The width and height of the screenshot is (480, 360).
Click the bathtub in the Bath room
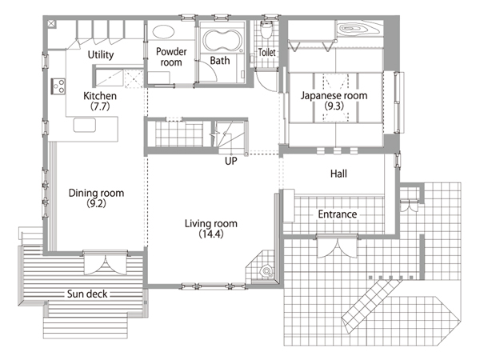coord(222,40)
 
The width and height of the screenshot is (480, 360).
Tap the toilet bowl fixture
coord(266,30)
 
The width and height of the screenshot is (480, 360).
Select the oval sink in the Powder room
coord(163,32)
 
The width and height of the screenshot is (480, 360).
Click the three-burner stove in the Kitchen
coord(58,86)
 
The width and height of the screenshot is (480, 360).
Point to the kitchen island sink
coord(85,126)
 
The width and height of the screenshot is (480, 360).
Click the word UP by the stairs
coord(231,161)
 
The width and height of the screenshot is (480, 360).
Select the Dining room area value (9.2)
coord(96,203)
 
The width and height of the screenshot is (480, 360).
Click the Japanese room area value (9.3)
coord(334,106)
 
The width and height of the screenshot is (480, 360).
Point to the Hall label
coord(338,174)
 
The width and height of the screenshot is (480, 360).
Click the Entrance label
coord(338,214)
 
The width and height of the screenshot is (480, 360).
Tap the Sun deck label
coord(87,294)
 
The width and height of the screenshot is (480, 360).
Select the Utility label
coord(101,54)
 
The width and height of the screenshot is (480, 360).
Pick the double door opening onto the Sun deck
coord(106,262)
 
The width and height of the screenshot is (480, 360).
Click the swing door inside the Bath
coord(208,71)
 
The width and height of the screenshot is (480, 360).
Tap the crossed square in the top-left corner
coord(52,23)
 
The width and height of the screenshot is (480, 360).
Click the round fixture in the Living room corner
coord(266,271)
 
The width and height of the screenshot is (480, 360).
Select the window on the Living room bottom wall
coord(213,286)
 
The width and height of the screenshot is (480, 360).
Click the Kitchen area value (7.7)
coord(100,106)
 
